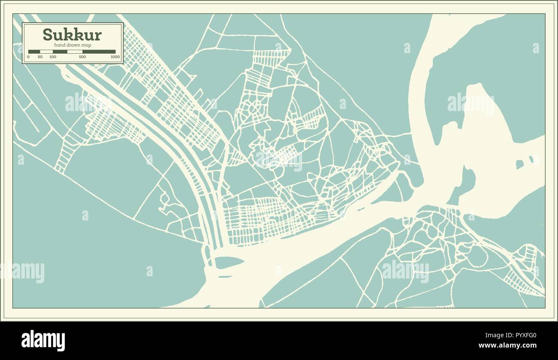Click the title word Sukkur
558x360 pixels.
pyautogui.click(x=72, y=35)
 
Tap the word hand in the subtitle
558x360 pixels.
pyautogui.click(x=60, y=45)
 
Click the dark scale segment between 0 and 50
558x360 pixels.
pyautogui.click(x=34, y=51)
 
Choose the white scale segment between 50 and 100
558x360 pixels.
pyautogui.click(x=46, y=51)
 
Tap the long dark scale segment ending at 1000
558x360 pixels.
pyautogui.click(x=99, y=51)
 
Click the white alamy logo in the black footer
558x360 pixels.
pyautogui.click(x=43, y=341)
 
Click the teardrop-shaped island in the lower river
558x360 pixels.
pyautogui.click(x=228, y=262)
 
